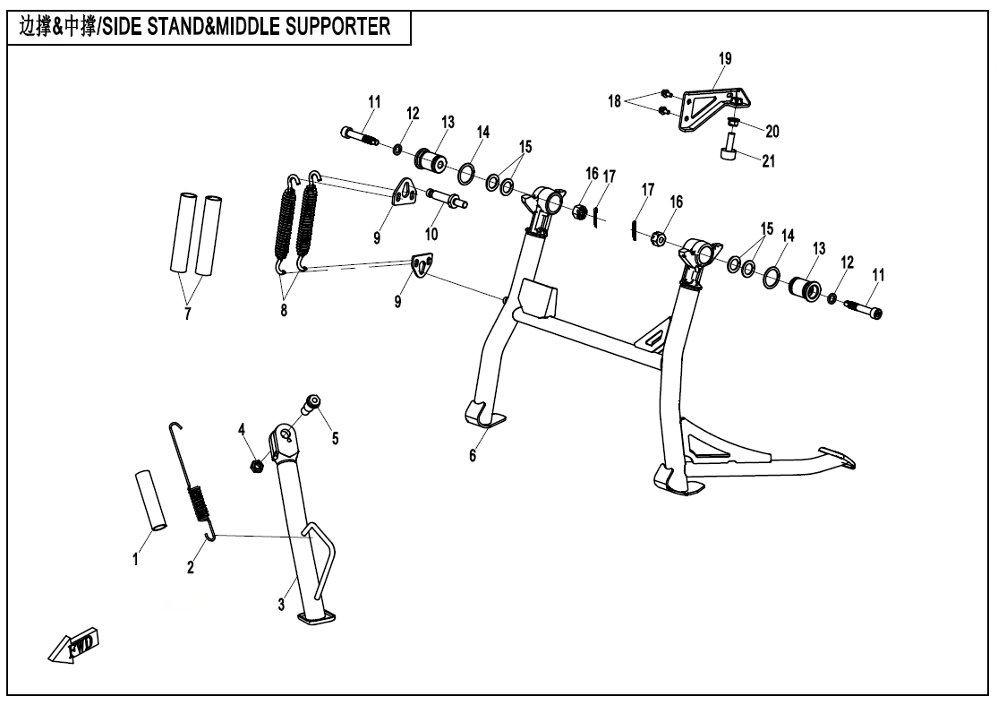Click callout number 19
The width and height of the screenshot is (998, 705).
(x=725, y=59)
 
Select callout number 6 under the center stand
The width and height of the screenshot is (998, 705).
(x=473, y=456)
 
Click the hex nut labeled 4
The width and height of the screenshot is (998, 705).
(x=255, y=465)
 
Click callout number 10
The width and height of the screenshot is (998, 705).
(x=431, y=234)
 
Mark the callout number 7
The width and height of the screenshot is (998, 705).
(x=187, y=314)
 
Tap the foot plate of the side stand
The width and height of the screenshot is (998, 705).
(x=318, y=617)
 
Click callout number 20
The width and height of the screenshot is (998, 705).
(x=772, y=131)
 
